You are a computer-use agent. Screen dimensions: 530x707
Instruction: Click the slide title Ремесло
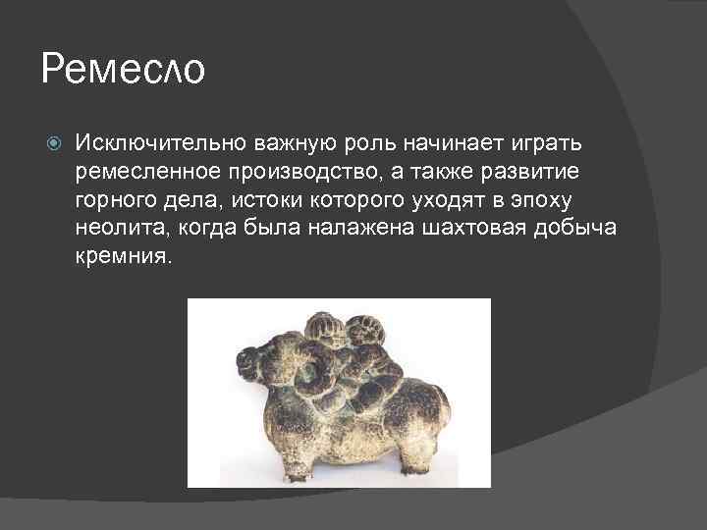tap(124, 71)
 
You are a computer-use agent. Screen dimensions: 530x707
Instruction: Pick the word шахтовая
tap(459, 229)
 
